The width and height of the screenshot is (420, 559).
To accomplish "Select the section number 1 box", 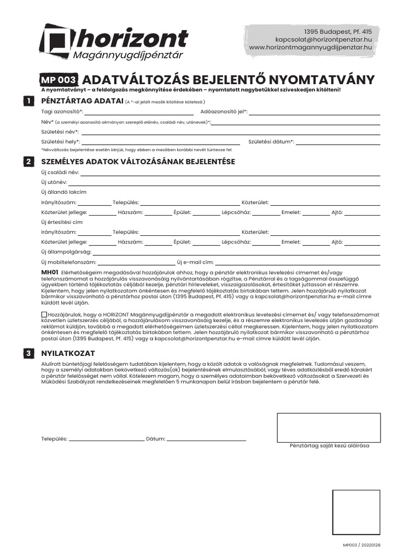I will [x=27, y=101].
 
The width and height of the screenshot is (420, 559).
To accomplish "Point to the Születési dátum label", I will [x=271, y=142].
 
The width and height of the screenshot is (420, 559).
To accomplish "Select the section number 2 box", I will [x=27, y=162].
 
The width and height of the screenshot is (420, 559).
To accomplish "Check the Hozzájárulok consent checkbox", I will [x=44, y=315].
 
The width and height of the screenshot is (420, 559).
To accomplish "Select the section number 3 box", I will [x=27, y=354].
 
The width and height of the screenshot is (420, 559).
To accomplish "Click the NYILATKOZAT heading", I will [x=68, y=354].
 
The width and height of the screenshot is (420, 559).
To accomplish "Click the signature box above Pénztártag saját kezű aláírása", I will [x=329, y=427].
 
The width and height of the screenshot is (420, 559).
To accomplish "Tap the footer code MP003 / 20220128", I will [x=361, y=545].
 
